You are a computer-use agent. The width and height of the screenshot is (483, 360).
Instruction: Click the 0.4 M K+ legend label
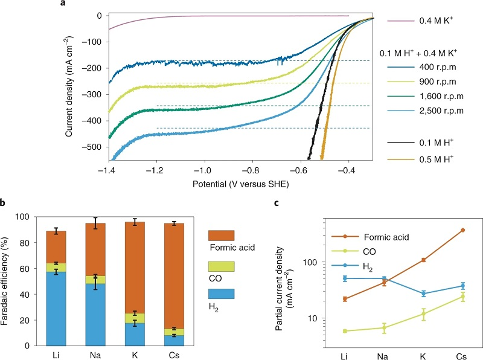click(x=436, y=21)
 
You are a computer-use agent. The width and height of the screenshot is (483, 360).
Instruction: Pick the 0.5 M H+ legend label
click(x=437, y=160)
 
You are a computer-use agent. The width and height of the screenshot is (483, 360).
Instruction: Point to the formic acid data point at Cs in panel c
click(x=464, y=230)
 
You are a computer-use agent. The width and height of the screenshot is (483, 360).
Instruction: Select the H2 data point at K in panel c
click(x=423, y=294)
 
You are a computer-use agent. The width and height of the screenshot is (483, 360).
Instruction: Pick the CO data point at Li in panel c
click(x=344, y=331)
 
